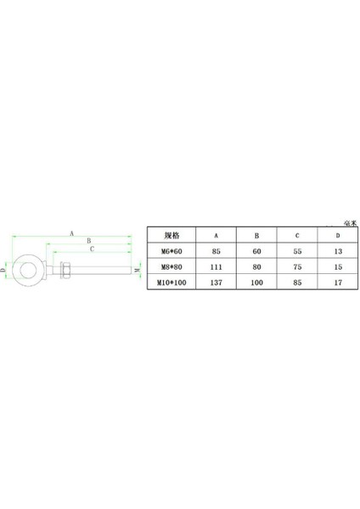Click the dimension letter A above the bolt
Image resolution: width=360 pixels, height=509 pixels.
[72, 232]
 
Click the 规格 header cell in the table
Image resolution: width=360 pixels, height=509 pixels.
[172, 235]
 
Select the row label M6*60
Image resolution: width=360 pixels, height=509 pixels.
[172, 251]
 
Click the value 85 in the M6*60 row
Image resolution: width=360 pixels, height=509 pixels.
[217, 251]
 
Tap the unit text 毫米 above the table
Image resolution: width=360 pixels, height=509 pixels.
[347, 222]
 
